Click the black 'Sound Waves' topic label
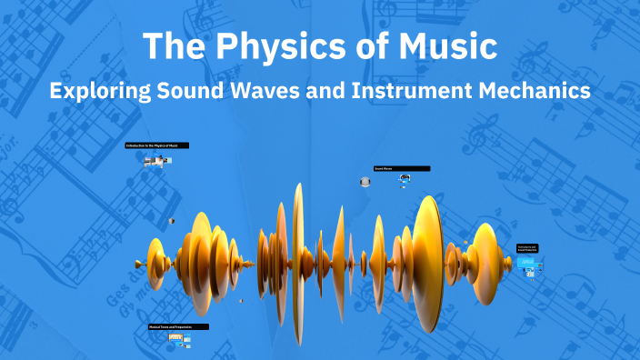pos(401,168)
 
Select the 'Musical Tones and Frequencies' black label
pos(178,326)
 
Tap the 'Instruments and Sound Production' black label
pos(527,247)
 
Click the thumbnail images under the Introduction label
pos(156,161)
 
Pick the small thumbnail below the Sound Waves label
pos(404,180)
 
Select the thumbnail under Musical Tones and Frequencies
pos(177,339)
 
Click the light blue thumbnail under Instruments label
pos(527,263)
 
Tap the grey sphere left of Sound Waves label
pos(365,182)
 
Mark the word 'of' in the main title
pos(356,45)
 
